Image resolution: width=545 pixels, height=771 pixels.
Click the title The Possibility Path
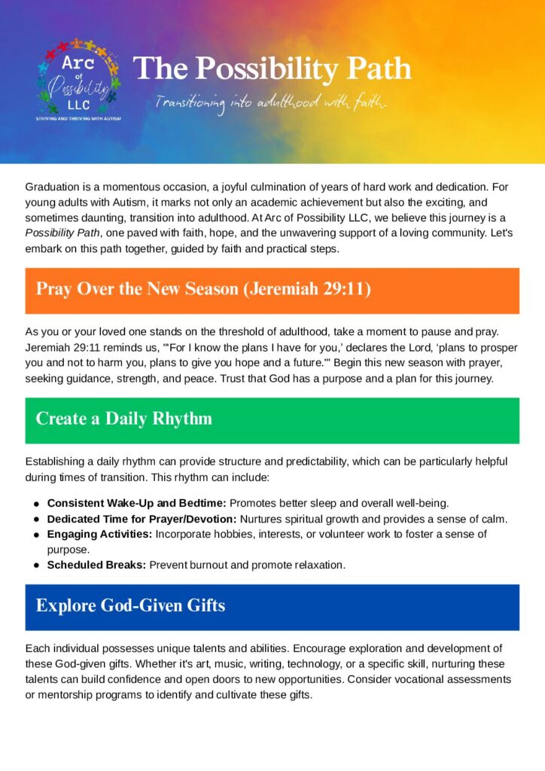click(272, 69)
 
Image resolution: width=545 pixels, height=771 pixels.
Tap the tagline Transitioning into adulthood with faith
click(271, 102)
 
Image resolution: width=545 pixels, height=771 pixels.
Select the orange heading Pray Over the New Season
click(203, 290)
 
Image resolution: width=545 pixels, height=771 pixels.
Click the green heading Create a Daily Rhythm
click(124, 419)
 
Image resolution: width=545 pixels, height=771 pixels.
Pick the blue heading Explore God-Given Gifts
click(130, 606)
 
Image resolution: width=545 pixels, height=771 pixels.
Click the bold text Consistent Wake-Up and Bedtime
click(136, 503)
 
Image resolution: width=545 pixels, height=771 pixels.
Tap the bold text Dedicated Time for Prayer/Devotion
click(142, 519)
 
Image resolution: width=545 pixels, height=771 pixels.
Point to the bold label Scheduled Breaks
click(96, 565)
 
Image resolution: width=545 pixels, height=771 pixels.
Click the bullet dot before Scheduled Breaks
click(36, 565)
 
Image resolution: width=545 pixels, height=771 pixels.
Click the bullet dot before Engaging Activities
click(36, 535)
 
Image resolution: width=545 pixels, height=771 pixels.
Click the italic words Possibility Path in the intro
click(63, 233)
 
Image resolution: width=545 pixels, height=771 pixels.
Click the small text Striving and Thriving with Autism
click(78, 118)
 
